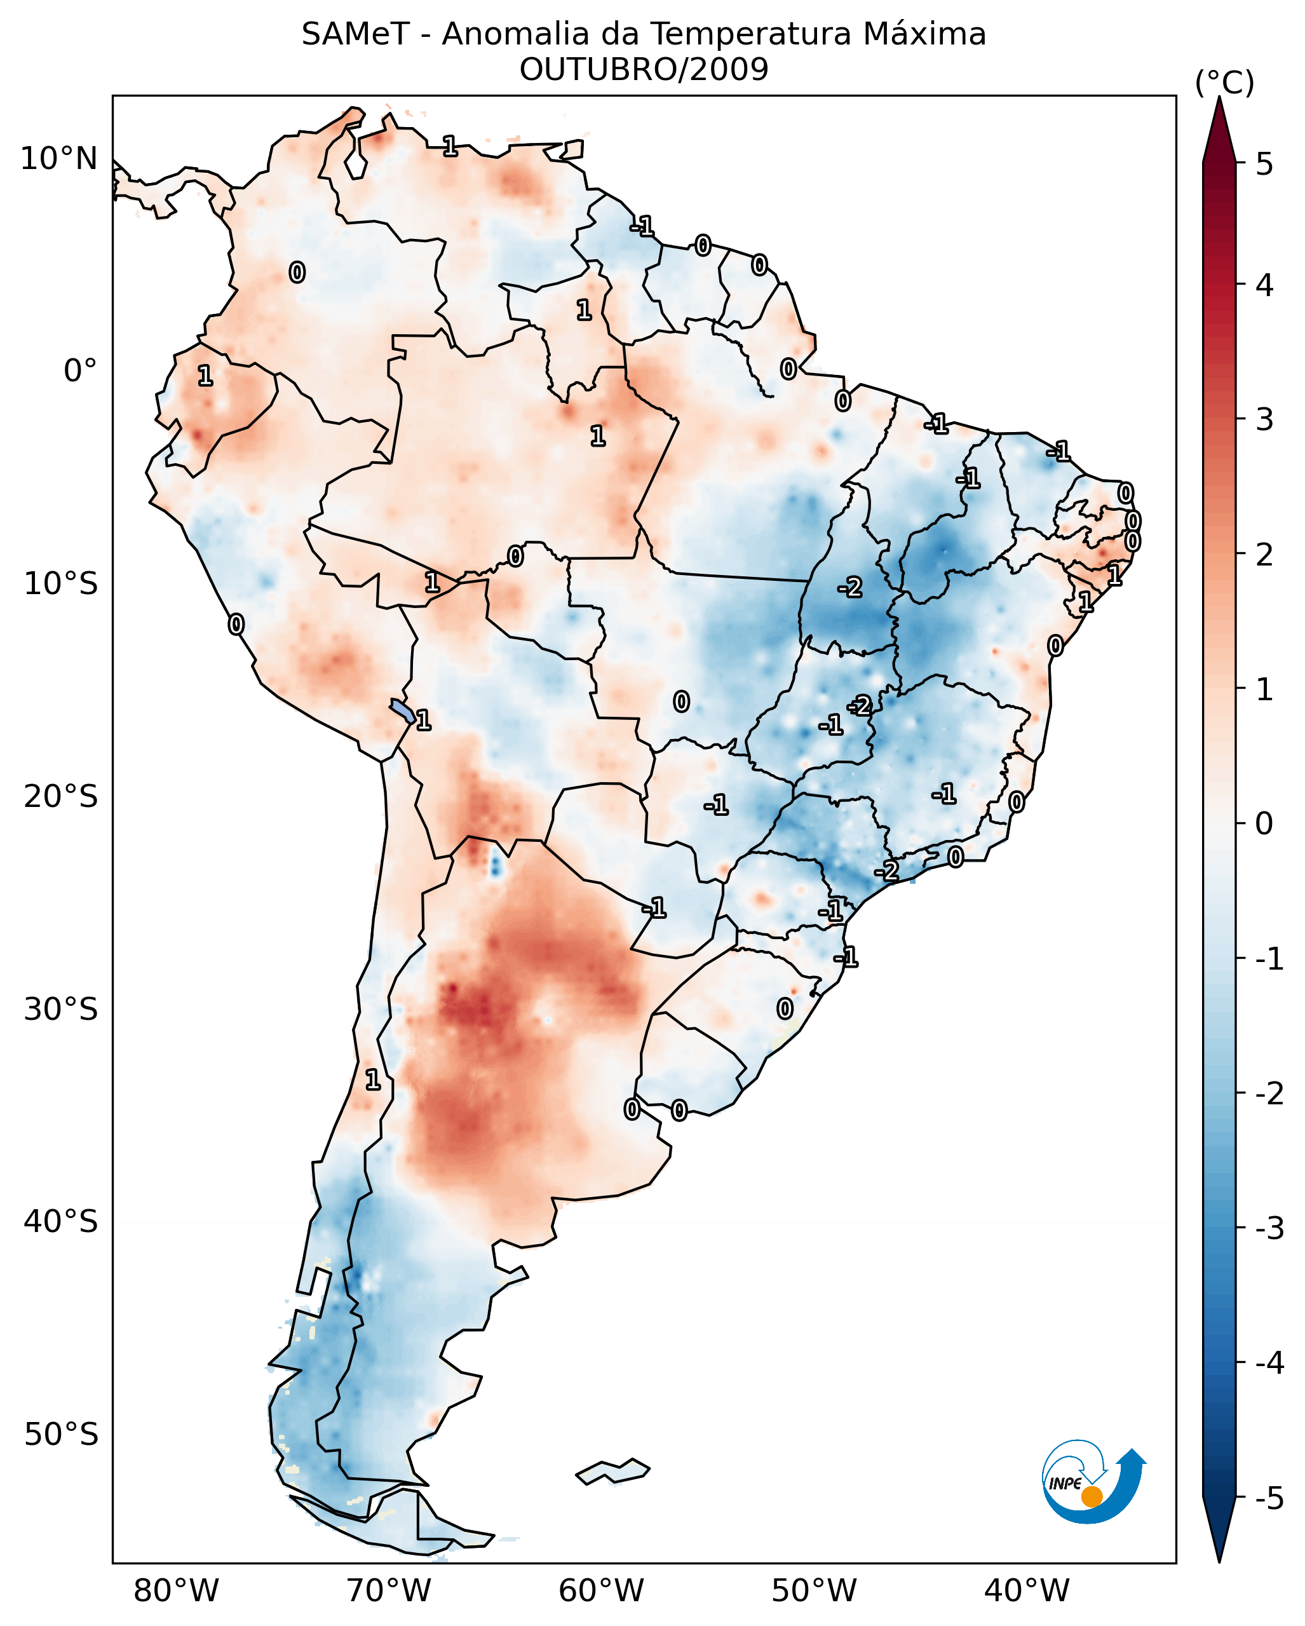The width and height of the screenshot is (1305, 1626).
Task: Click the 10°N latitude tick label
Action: point(59,159)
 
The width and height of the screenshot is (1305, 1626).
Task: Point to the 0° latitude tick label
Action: point(80,371)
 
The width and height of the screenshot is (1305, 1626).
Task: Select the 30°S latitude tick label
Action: point(60,1009)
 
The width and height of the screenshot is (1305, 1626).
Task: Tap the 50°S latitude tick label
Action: point(60,1435)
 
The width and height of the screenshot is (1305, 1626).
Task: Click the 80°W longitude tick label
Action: point(175,1590)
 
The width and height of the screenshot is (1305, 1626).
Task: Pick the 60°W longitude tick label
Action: point(601,1590)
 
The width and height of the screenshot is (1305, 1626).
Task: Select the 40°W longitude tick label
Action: point(1027,1590)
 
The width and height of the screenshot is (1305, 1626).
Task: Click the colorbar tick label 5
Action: point(1264,164)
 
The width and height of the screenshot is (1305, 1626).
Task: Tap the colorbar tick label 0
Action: point(1264,823)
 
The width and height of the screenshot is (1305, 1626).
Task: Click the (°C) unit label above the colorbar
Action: point(1224,83)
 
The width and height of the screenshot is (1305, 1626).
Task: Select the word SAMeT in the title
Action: point(355,35)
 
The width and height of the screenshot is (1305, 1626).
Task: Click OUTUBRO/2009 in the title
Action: point(644,70)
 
